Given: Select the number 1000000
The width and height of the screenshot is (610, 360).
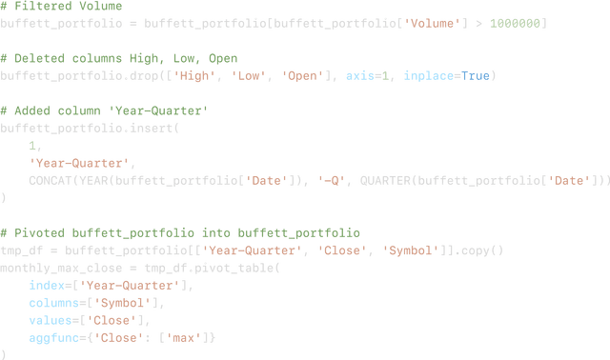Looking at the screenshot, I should (517, 21).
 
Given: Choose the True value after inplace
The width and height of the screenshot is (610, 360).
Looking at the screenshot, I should (478, 75).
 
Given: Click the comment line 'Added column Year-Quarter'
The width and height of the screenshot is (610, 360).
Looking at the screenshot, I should (105, 110).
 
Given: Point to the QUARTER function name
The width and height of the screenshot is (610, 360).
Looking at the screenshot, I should (384, 180).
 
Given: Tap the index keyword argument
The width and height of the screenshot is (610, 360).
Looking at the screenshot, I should (47, 285).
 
